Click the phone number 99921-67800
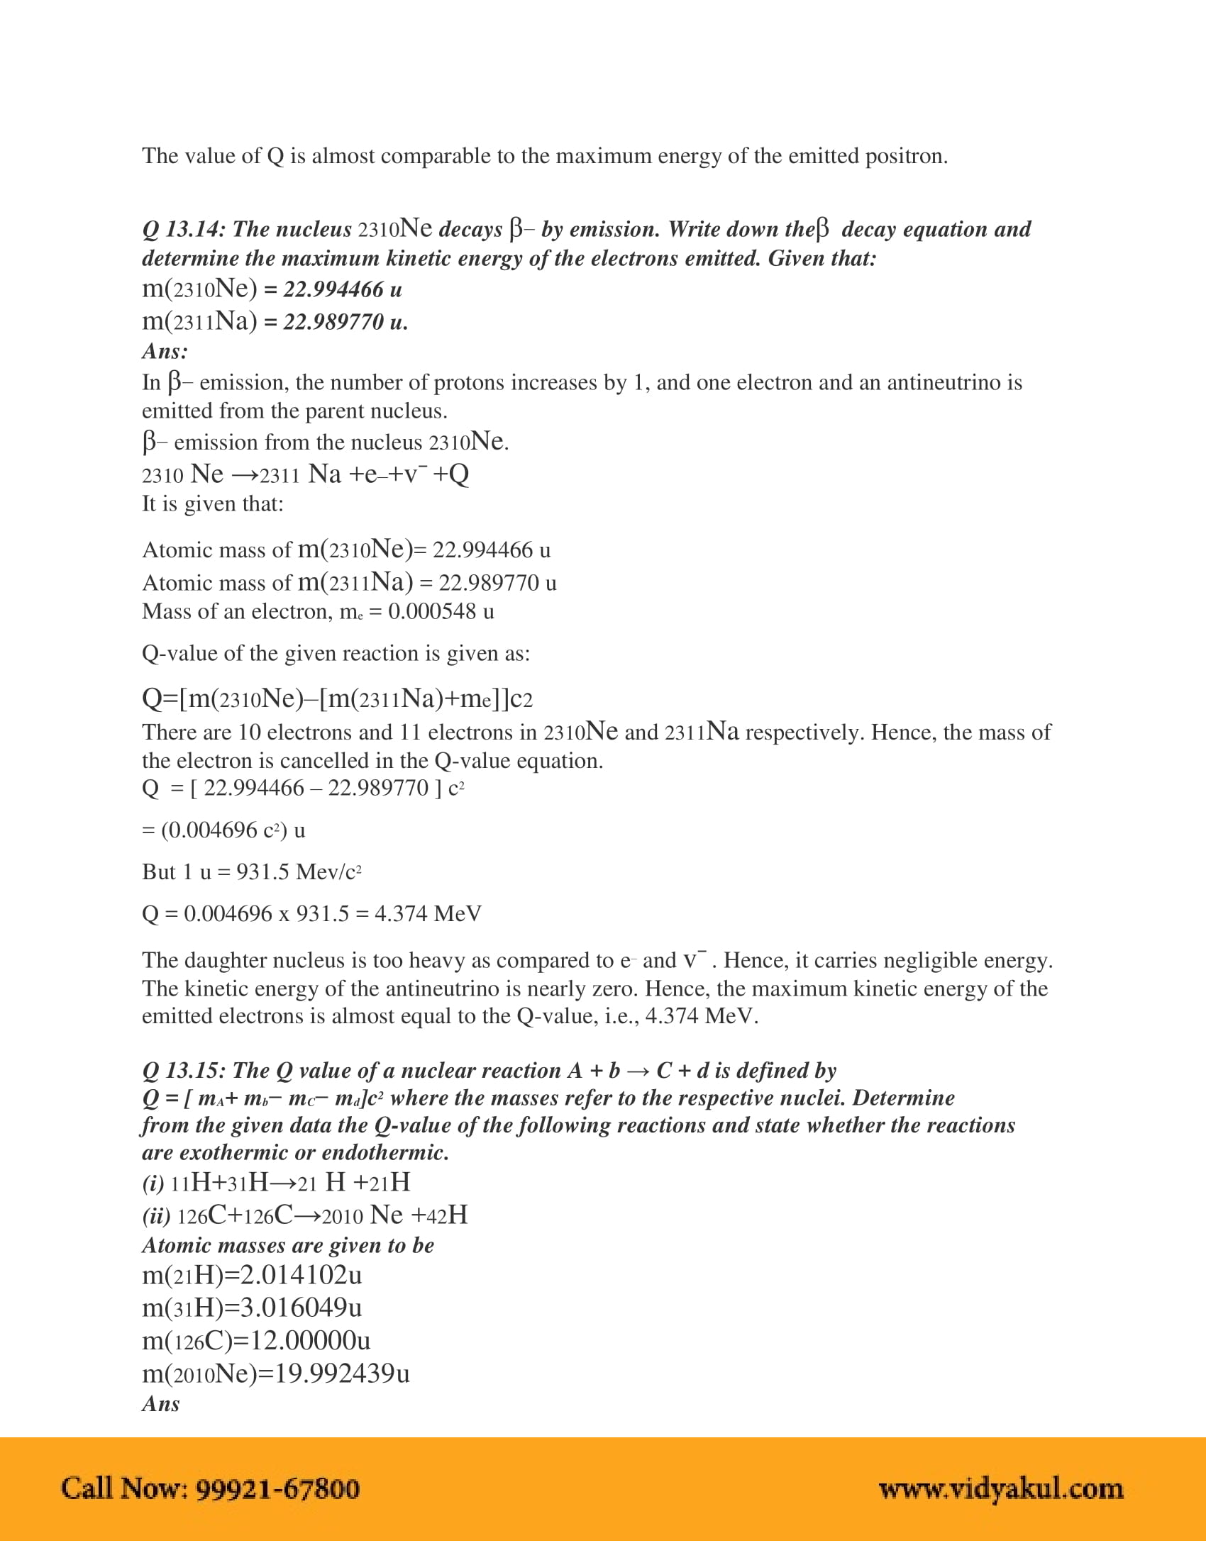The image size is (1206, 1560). point(277,1488)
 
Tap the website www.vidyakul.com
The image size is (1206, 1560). point(1001,1488)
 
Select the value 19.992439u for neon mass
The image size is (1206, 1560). point(342,1373)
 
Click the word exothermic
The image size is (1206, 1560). point(233,1153)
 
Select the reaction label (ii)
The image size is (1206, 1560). point(156,1215)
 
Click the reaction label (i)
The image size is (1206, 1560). point(153,1183)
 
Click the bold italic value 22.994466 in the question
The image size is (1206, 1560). point(333,289)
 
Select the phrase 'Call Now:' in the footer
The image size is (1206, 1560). point(124,1488)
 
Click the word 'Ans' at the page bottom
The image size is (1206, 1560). point(161,1404)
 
